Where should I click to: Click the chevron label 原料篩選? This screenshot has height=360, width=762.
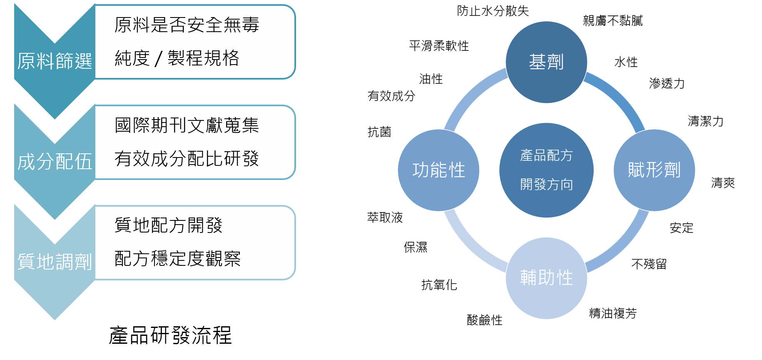click(55, 61)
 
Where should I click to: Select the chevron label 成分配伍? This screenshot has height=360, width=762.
click(55, 162)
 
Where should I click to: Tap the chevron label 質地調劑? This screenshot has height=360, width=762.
click(55, 262)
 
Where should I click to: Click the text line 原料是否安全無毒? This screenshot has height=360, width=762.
click(187, 25)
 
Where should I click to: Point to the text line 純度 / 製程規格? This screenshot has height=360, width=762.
click(177, 58)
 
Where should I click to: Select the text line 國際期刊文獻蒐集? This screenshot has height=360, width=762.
click(187, 125)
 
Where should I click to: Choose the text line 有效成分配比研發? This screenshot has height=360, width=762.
click(187, 159)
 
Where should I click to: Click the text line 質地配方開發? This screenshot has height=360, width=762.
click(168, 225)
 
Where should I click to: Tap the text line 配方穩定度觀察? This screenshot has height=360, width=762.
click(177, 259)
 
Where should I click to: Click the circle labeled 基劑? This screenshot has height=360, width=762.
click(546, 62)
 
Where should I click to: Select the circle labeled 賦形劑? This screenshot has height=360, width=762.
click(654, 170)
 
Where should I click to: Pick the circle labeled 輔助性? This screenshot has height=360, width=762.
click(546, 278)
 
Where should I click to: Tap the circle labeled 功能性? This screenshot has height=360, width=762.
click(438, 170)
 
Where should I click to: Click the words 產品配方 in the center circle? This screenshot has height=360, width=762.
click(546, 156)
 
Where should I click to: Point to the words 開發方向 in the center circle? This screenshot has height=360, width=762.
click(546, 184)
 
